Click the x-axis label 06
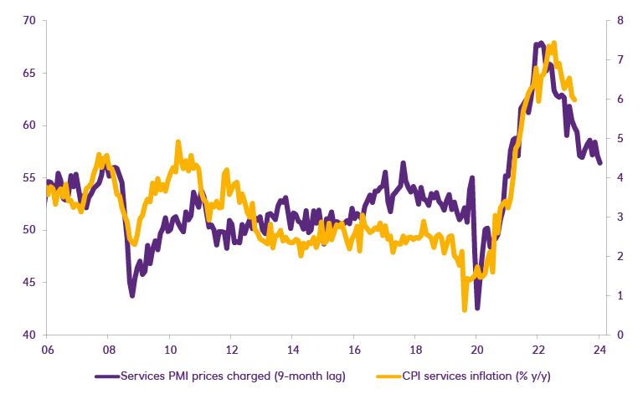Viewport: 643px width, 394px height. pyautogui.click(x=47, y=350)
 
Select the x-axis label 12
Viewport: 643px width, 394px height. pyautogui.click(x=231, y=350)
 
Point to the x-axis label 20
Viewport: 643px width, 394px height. pyautogui.click(x=476, y=350)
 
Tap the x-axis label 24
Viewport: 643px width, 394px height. pyautogui.click(x=599, y=350)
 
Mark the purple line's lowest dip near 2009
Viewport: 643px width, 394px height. pyautogui.click(x=132, y=294)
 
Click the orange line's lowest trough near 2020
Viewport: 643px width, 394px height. pyautogui.click(x=465, y=310)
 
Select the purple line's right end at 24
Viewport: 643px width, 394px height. pyautogui.click(x=599, y=163)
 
